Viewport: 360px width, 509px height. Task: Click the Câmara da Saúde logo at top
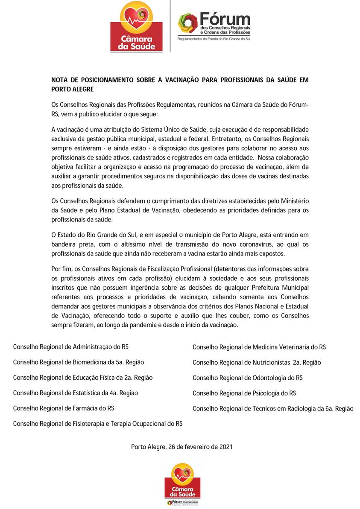pyautogui.click(x=136, y=26)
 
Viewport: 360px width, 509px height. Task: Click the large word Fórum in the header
pyautogui.click(x=225, y=19)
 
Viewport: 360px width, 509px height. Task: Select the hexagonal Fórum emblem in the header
pyautogui.click(x=187, y=23)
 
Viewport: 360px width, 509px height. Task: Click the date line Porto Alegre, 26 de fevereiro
pyautogui.click(x=181, y=447)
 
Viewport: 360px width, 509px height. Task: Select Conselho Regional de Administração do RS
pyautogui.click(x=71, y=347)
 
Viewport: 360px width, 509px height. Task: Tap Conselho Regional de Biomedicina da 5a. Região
pyautogui.click(x=79, y=362)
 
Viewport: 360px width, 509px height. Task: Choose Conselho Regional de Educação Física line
pyautogui.click(x=83, y=378)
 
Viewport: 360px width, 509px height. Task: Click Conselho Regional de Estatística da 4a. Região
pyautogui.click(x=76, y=393)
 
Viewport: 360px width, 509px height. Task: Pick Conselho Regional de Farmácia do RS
pyautogui.click(x=64, y=408)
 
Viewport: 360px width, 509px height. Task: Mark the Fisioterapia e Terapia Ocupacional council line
pyautogui.click(x=98, y=424)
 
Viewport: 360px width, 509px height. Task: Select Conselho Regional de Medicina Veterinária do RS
pyautogui.click(x=259, y=347)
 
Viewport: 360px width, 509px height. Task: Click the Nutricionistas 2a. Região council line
pyautogui.click(x=257, y=363)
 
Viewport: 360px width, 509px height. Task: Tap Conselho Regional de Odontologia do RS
pyautogui.click(x=248, y=378)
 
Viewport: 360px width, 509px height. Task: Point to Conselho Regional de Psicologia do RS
pyautogui.click(x=244, y=393)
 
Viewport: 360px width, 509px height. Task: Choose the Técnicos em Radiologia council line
pyautogui.click(x=273, y=408)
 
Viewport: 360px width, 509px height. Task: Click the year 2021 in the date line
pyautogui.click(x=225, y=447)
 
